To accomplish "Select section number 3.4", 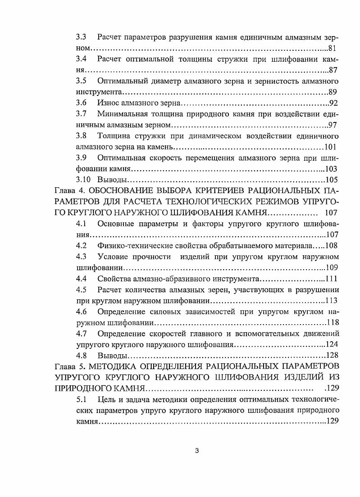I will pyautogui.click(x=81, y=59).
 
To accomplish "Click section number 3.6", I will pyautogui.click(x=81, y=103).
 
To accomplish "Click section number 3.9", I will pyautogui.click(x=81, y=158).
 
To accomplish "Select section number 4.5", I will pyautogui.click(x=81, y=290).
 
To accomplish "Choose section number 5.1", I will pyautogui.click(x=81, y=400).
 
